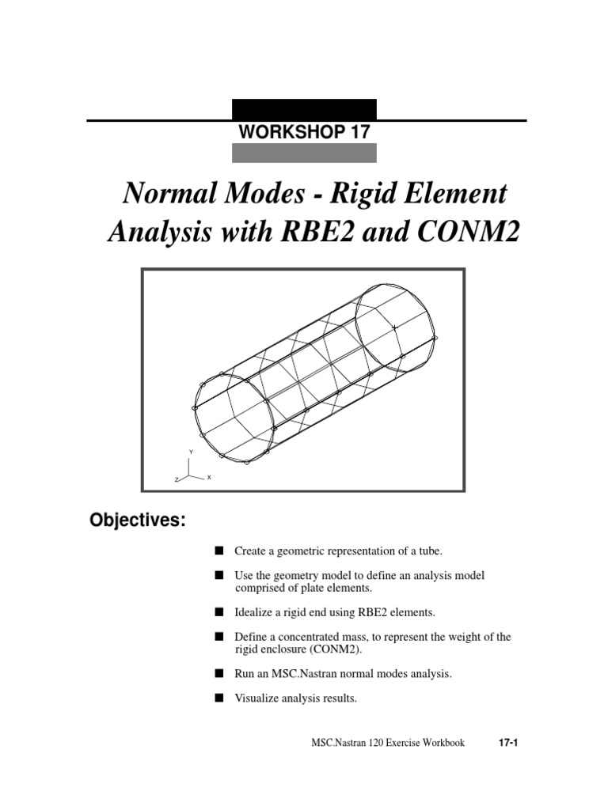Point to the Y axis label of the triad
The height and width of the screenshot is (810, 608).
[x=190, y=451]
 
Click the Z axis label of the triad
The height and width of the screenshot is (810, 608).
[x=177, y=480]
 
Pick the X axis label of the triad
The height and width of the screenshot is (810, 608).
[x=208, y=478]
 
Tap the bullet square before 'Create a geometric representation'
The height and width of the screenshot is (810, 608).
[x=218, y=550]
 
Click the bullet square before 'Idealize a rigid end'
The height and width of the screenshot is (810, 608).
[x=218, y=612]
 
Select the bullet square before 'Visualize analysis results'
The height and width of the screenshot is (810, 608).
[x=218, y=698]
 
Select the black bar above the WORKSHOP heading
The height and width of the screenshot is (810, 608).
[x=304, y=109]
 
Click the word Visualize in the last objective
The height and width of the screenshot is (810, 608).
[x=257, y=698]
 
